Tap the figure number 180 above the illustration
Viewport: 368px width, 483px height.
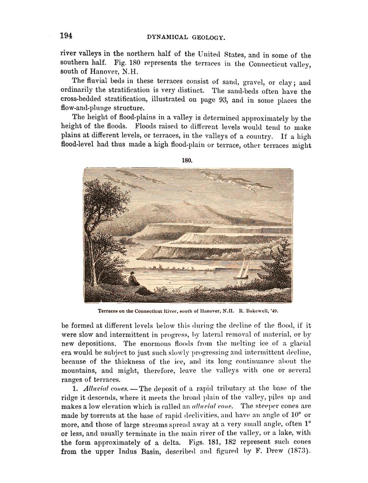pyautogui.click(x=186, y=161)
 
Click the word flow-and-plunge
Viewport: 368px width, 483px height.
pyautogui.click(x=90, y=109)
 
